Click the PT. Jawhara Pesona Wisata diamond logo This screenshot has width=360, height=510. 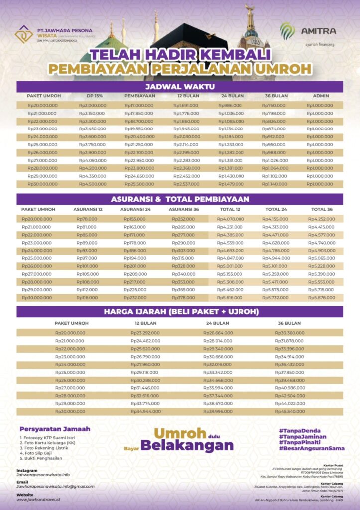23,34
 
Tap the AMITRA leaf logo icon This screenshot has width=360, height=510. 287,31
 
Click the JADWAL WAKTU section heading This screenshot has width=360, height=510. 180,86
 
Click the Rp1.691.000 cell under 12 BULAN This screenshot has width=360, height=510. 186,105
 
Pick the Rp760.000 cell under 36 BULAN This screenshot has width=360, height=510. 273,105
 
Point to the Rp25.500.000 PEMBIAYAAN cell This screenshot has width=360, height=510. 139,184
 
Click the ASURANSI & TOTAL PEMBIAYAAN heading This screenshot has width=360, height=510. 180,199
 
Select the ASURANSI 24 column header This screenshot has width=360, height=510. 135,209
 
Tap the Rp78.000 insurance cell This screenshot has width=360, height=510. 87,219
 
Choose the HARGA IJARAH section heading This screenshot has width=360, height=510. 180,312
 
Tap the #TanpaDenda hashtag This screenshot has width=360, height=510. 299,430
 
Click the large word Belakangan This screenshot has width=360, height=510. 187,445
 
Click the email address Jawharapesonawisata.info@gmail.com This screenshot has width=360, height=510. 55,486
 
